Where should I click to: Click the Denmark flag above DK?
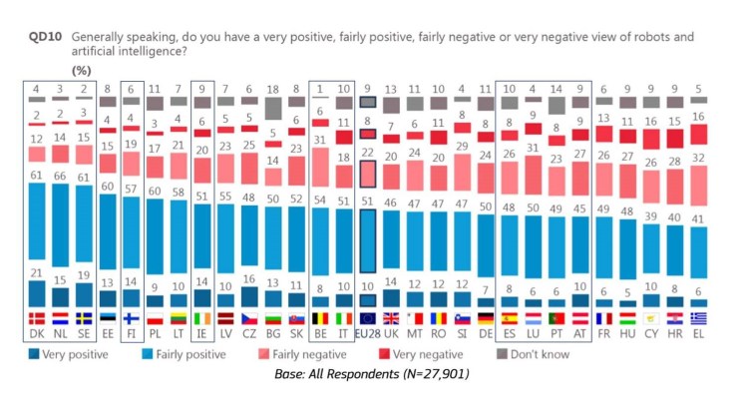point(37,319)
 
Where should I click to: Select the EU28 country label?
point(367,332)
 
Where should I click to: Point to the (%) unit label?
point(83,70)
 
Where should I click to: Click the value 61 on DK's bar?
point(37,174)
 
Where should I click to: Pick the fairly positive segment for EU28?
point(367,238)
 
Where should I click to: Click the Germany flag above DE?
point(486,319)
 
